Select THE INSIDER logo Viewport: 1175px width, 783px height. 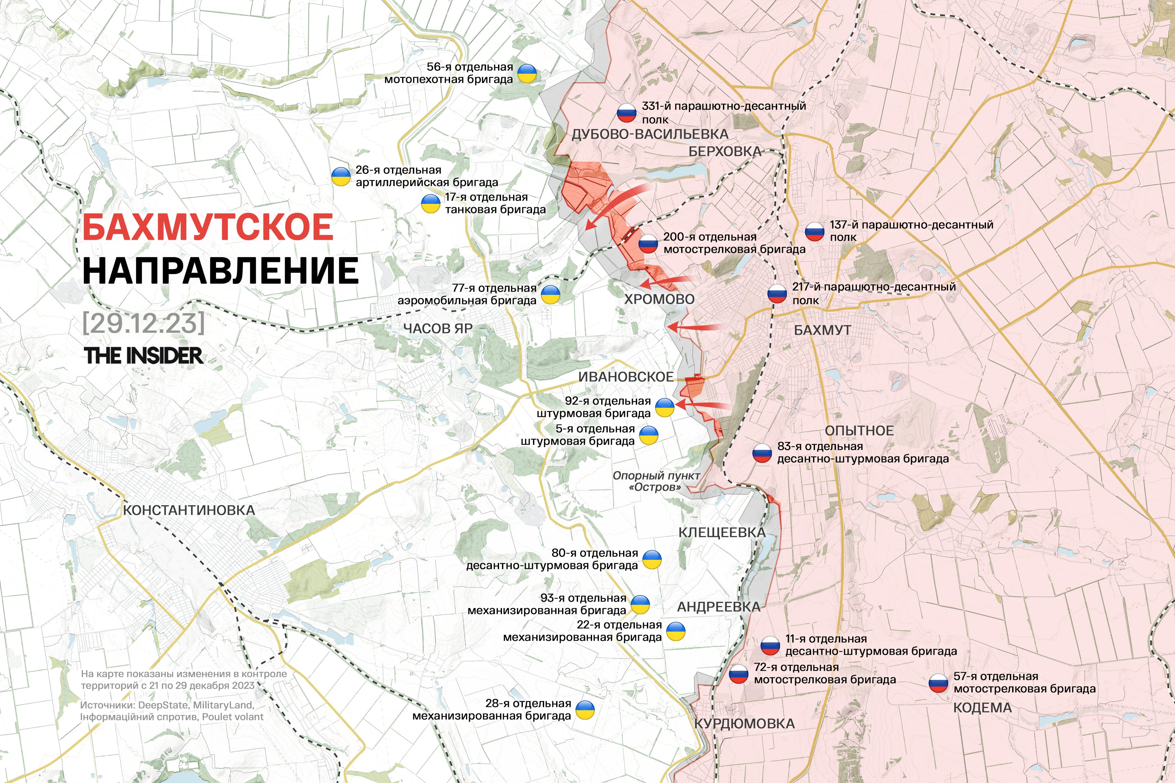coord(143,356)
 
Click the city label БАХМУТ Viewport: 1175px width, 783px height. coord(822,330)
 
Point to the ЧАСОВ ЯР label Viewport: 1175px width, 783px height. coord(438,329)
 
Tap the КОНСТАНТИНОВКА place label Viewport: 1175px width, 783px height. coord(189,510)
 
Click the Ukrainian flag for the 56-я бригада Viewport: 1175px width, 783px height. coord(526,73)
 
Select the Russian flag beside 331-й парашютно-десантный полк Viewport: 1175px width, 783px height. coord(626,113)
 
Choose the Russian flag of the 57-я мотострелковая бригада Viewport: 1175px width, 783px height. coord(938,683)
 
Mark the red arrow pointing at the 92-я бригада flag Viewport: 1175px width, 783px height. coord(702,405)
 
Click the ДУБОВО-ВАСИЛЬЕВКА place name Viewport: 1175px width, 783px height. coord(650,134)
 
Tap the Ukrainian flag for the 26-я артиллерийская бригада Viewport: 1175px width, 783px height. coord(341,176)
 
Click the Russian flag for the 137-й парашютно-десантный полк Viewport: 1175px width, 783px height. coord(814,231)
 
